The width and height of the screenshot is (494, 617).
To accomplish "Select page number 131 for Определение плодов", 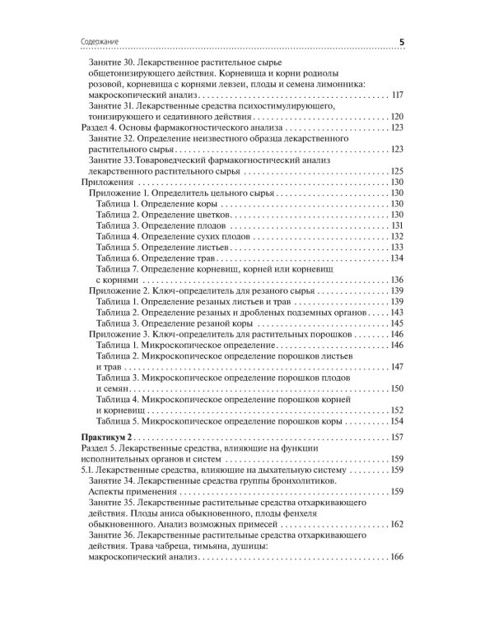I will tap(397, 225).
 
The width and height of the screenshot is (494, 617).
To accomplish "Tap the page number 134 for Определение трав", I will tap(397, 257).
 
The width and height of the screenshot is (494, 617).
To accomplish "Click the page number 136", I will tap(397, 280).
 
